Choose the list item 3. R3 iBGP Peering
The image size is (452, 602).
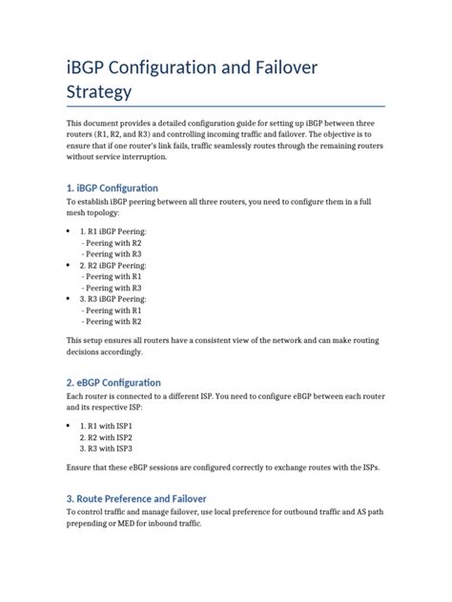point(113,299)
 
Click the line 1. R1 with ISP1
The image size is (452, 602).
point(107,426)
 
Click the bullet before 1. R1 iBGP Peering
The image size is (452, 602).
point(68,231)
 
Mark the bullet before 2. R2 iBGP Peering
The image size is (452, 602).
point(68,265)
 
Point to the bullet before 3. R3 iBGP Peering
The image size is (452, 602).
point(68,299)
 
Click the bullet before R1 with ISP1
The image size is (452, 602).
point(68,426)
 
